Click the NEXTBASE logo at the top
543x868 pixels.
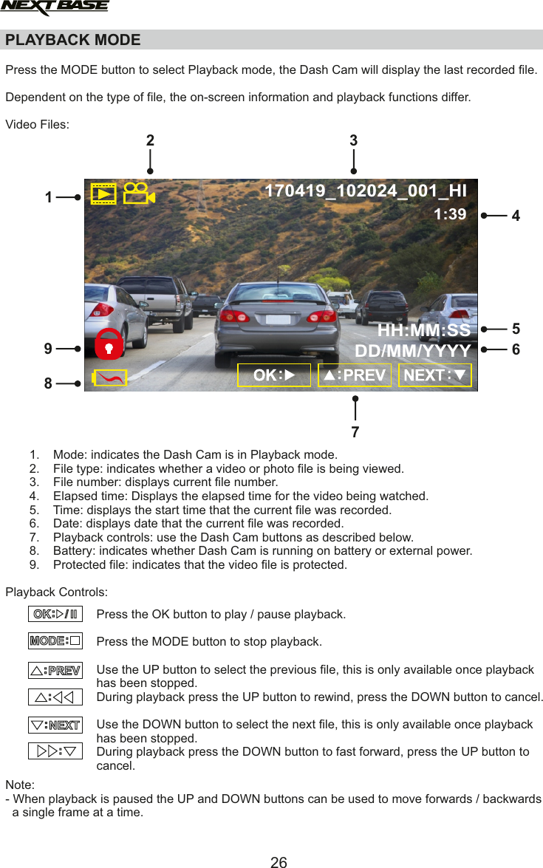54,8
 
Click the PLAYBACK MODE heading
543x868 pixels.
72,40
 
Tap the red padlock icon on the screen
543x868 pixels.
109,344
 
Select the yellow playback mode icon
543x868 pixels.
103,194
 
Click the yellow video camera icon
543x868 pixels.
138,194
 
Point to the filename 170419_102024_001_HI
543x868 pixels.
365,191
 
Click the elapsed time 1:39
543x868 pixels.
449,214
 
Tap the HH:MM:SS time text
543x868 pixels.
423,329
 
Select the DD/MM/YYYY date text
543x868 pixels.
413,350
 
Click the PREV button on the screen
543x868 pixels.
355,375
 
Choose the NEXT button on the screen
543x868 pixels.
435,375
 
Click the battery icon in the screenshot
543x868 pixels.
109,378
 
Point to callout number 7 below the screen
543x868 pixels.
355,432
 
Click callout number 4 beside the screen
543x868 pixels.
516,216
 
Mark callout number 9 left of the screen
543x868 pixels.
48,348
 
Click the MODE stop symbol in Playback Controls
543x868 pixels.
55,640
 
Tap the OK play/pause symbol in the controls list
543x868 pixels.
55,614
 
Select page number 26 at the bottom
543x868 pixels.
279,861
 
